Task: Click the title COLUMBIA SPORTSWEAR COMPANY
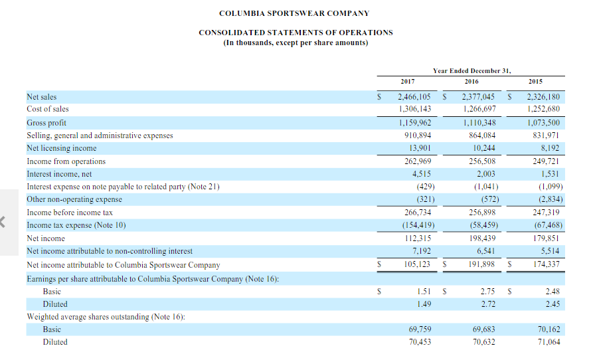(x=294, y=13)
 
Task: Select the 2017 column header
(x=408, y=81)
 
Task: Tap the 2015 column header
(x=535, y=81)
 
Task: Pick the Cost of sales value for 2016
(x=479, y=109)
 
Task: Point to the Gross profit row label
(x=46, y=123)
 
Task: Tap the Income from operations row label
(x=66, y=161)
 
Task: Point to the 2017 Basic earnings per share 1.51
(x=425, y=291)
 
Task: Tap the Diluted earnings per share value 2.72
(x=488, y=304)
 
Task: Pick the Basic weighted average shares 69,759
(x=419, y=329)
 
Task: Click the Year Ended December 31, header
(x=471, y=70)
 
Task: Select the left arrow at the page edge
(x=5, y=221)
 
